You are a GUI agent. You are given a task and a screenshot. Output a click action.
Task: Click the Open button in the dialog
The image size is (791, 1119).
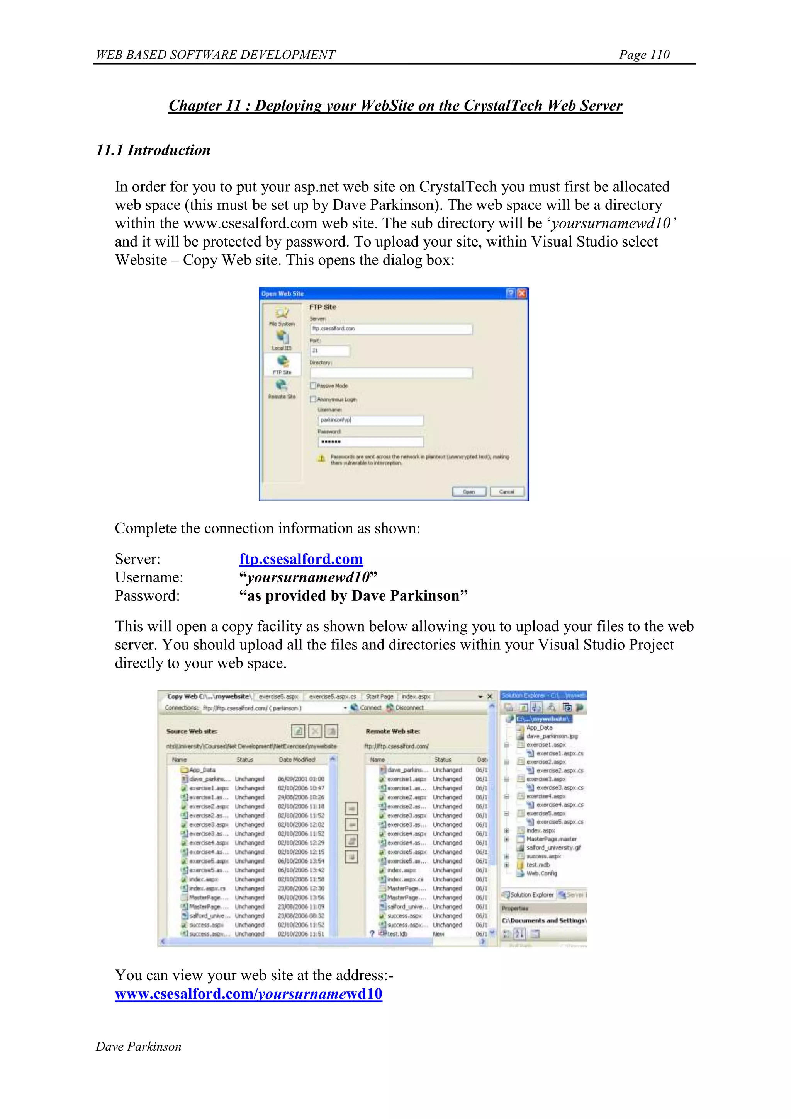click(x=468, y=491)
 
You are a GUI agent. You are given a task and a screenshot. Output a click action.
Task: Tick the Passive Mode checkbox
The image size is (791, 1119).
click(x=313, y=385)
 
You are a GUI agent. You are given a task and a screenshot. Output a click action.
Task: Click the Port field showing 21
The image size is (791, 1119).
click(x=330, y=351)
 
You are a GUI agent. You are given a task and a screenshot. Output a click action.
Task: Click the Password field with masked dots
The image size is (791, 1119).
click(x=370, y=441)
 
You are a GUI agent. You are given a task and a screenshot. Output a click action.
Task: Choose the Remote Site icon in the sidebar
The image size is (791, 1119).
click(x=282, y=388)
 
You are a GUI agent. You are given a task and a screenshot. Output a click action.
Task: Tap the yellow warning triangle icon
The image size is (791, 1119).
click(x=321, y=458)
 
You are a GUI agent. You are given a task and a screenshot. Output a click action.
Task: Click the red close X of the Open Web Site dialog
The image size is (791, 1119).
click(x=522, y=293)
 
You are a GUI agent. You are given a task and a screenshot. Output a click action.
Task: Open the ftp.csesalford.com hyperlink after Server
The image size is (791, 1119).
click(x=300, y=559)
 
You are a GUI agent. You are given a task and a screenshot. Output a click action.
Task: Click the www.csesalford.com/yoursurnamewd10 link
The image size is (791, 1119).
click(x=248, y=994)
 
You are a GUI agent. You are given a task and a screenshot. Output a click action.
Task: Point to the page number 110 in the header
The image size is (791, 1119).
click(x=644, y=55)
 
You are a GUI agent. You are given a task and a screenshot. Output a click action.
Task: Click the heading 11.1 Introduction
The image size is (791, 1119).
click(x=153, y=150)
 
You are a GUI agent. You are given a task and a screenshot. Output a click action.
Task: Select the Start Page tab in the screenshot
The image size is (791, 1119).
click(x=379, y=697)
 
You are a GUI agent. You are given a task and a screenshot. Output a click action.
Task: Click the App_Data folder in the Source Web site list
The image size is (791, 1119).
click(x=202, y=770)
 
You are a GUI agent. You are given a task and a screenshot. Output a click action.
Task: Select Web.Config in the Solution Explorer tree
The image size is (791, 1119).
click(x=541, y=874)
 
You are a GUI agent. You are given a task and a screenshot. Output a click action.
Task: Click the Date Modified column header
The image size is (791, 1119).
click(x=297, y=759)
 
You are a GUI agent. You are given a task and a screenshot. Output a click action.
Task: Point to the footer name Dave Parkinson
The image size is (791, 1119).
click(x=138, y=1047)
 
